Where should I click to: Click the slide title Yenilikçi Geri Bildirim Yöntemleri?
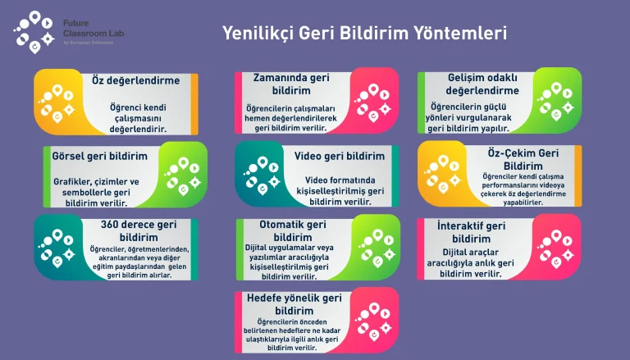pos(364,33)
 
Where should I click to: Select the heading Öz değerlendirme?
pos(136,80)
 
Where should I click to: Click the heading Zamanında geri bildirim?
pos(291,84)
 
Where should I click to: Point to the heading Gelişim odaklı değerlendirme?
pos(482,84)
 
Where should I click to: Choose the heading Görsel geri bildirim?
pos(99,156)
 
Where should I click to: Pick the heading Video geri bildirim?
pos(340,156)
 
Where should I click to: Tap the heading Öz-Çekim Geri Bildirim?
pos(523,160)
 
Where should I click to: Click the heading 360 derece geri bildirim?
pos(139,230)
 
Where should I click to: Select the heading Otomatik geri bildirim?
pos(293,230)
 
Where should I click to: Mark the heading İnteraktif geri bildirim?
pos(472,232)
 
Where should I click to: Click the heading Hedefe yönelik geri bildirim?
pos(294,304)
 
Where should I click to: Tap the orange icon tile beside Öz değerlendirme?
pos(59,101)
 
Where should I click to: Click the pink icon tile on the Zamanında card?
pos(374,100)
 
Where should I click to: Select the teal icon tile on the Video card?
pos(260,174)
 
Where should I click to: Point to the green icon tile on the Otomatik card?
pos(376,247)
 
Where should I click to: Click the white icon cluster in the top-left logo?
pos(34,32)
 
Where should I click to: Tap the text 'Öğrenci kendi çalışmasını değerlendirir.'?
pos(138,119)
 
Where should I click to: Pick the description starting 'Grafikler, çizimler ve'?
pos(97,193)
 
